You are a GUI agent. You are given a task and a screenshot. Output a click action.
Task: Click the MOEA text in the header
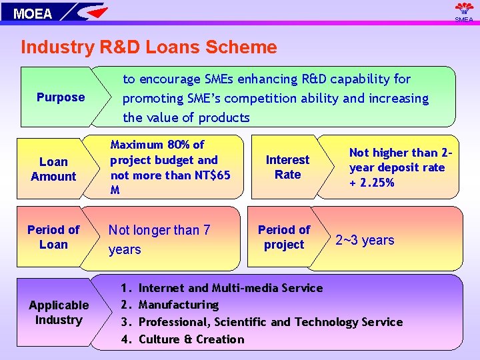point(33,13)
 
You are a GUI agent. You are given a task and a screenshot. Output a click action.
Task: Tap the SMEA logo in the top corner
point(464,11)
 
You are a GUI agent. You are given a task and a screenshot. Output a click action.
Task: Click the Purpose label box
point(61,97)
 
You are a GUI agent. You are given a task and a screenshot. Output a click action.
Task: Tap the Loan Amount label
point(53,169)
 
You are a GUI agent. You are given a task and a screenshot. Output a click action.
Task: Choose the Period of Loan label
point(53,237)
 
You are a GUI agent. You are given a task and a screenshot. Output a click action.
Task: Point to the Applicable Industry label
point(59,312)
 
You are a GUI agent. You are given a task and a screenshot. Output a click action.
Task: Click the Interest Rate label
point(287,167)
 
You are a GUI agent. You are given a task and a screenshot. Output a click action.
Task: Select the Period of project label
point(284,237)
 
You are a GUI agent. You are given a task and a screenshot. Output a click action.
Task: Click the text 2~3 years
point(365,240)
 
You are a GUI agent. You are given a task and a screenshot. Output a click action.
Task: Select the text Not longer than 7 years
point(159,239)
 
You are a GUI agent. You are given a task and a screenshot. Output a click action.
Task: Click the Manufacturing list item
point(178,305)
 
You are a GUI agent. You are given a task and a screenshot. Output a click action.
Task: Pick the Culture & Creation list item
point(191,339)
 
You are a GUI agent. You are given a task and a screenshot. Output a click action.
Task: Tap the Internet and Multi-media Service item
point(230,288)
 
